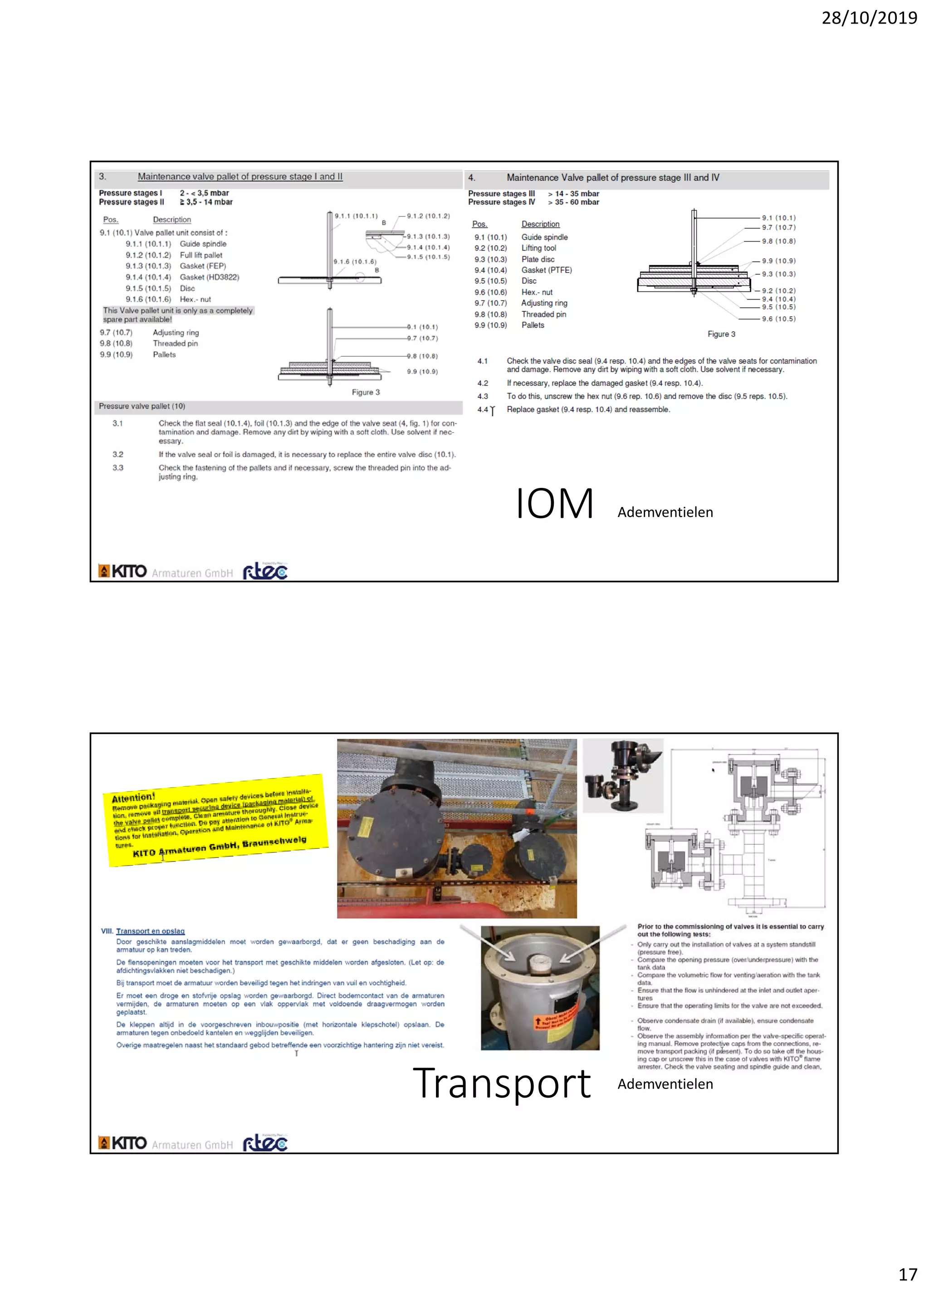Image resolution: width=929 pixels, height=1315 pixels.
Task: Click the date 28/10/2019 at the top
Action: click(x=869, y=18)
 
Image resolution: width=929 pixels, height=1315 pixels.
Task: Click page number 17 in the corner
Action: click(x=907, y=1274)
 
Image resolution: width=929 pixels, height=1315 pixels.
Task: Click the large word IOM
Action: click(x=554, y=504)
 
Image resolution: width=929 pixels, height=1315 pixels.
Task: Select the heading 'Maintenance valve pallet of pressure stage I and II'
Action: click(x=240, y=177)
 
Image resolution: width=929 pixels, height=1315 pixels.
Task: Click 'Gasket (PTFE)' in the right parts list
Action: click(x=546, y=270)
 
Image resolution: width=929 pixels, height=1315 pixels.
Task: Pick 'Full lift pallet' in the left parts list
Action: click(x=201, y=255)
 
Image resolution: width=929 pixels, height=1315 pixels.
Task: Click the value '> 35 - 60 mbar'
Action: click(x=573, y=202)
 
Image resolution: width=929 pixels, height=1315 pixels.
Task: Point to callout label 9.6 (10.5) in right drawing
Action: click(x=778, y=319)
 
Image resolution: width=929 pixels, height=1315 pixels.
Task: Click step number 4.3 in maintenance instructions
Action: click(x=483, y=396)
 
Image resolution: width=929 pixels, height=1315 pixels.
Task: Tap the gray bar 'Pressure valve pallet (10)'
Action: click(x=142, y=406)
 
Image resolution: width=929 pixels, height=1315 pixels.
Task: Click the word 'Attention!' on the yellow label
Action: click(x=133, y=797)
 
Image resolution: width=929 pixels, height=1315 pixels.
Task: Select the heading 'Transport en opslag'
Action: click(x=150, y=931)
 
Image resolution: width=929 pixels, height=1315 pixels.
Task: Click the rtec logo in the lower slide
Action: click(x=265, y=1143)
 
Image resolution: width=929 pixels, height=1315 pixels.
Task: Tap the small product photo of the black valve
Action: click(x=622, y=775)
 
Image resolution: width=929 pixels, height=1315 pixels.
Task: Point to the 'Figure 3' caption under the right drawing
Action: click(x=721, y=334)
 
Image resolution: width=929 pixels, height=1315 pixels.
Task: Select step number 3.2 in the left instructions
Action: click(x=117, y=454)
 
